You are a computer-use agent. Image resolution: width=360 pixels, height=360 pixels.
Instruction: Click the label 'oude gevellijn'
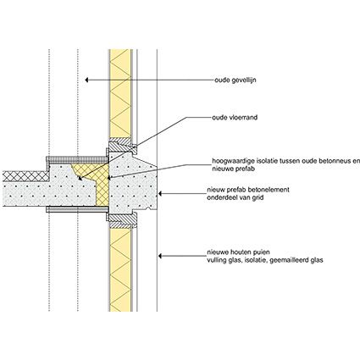click(235, 80)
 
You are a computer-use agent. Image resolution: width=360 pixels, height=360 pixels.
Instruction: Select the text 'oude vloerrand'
click(235, 118)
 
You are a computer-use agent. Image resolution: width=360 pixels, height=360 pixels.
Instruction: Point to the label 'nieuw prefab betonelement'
click(248, 190)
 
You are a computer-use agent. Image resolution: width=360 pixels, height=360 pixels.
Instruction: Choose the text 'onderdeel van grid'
click(235, 197)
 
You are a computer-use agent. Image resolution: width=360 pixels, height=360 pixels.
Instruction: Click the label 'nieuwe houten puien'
click(238, 252)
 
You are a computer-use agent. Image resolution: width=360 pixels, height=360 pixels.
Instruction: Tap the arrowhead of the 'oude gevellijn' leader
click(87, 80)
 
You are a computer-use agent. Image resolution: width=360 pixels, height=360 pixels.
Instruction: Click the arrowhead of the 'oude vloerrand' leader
click(80, 178)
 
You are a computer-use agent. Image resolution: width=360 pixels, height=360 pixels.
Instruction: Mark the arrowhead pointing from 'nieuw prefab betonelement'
click(160, 194)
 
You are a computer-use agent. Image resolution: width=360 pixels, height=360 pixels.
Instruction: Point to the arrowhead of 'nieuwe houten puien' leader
click(160, 256)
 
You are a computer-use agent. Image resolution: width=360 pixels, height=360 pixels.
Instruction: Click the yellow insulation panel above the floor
click(120, 94)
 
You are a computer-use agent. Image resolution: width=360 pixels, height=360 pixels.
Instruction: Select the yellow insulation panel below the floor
click(120, 269)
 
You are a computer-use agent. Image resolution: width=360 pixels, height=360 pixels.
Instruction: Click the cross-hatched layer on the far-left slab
click(26, 176)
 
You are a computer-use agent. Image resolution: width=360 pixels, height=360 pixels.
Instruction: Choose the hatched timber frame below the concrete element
click(121, 220)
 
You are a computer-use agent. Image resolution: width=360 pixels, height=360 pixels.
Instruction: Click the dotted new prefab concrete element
click(132, 186)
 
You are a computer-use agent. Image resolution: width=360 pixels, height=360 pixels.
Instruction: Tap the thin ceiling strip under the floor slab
click(77, 209)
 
